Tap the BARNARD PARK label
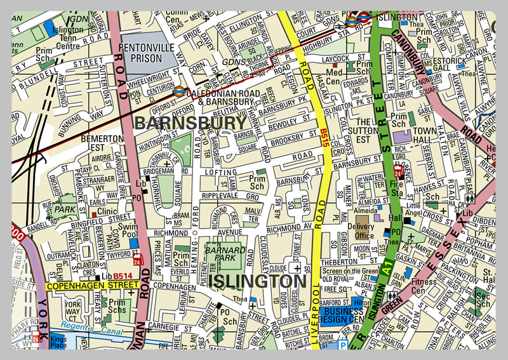[x=220, y=253]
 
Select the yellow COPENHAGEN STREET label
[x=92, y=286]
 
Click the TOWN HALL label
[x=425, y=135]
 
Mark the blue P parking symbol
[x=343, y=347]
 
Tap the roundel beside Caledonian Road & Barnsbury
[x=179, y=91]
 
